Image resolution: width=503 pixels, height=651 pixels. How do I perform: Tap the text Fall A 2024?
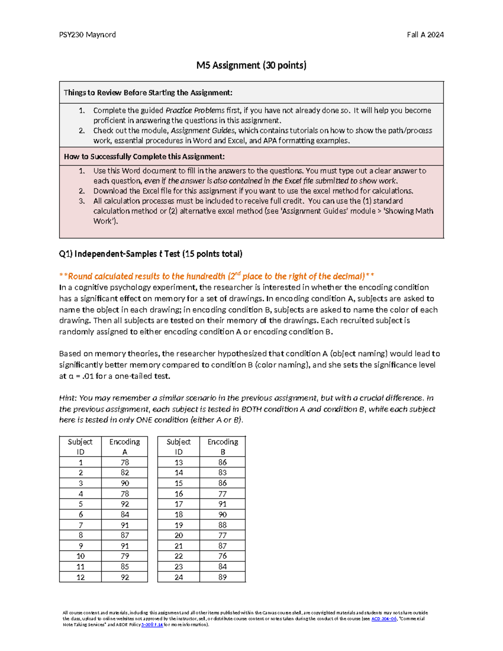pyautogui.click(x=425, y=35)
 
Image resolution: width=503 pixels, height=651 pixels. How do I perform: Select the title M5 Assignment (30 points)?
pyautogui.click(x=251, y=65)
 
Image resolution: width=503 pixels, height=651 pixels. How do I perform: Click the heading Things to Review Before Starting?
pyautogui.click(x=148, y=93)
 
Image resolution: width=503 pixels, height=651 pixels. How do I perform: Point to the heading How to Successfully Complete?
pyautogui.click(x=144, y=157)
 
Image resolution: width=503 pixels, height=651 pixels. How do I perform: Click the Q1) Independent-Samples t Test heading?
pyautogui.click(x=150, y=254)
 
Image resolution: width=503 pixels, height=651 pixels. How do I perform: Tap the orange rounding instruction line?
pyautogui.click(x=217, y=276)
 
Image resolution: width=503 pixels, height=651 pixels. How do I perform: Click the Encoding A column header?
pyautogui.click(x=124, y=446)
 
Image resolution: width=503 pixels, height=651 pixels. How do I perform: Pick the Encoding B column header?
pyautogui.click(x=223, y=446)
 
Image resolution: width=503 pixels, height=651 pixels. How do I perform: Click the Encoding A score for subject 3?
pyautogui.click(x=124, y=483)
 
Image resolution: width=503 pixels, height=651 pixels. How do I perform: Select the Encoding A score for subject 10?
pyautogui.click(x=124, y=556)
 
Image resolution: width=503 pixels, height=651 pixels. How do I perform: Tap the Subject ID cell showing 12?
pyautogui.click(x=80, y=577)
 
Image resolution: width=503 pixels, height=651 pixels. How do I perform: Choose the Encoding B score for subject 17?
pyautogui.click(x=223, y=504)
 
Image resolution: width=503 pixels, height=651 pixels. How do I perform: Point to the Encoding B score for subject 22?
pyautogui.click(x=223, y=556)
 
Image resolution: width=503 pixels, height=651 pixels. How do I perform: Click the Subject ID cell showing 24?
pyautogui.click(x=179, y=577)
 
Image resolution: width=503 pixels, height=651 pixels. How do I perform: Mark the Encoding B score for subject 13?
pyautogui.click(x=223, y=462)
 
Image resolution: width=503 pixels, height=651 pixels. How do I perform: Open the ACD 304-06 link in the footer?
pyautogui.click(x=384, y=619)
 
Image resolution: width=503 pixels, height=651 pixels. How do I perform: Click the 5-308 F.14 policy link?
pyautogui.click(x=152, y=625)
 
